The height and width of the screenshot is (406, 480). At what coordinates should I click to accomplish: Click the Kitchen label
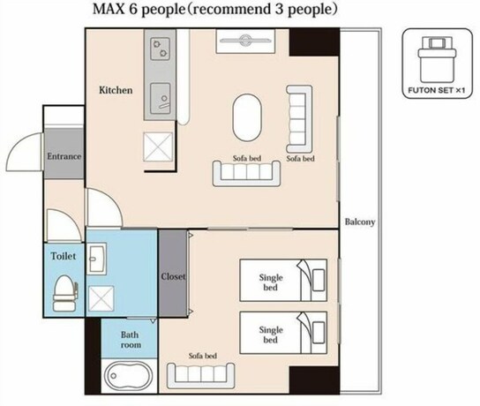point(116,90)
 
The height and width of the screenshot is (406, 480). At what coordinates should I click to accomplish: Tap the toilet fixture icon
point(65,293)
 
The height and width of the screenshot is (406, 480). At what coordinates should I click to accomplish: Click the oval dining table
point(247,117)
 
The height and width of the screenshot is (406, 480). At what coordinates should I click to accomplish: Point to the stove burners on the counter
point(161,49)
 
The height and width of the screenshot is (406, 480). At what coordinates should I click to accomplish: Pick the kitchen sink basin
point(161,99)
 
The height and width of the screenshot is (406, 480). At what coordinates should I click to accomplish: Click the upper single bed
point(283,280)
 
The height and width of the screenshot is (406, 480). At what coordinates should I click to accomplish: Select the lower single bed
point(283,333)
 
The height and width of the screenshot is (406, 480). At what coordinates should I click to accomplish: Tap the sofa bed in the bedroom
point(201,376)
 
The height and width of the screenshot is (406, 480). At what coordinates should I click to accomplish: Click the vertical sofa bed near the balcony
point(299,119)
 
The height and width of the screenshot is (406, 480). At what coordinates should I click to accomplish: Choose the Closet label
point(173,276)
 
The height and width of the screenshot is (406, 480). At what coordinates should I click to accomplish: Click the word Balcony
point(360,222)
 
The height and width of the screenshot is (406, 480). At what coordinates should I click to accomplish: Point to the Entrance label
point(64,156)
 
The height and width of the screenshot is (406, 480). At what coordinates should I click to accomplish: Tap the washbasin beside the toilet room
point(96,259)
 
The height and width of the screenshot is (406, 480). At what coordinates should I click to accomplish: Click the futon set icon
point(437,59)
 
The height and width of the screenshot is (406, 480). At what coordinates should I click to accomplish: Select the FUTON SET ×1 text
point(437,90)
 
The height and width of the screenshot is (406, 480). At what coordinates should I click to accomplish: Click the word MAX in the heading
point(109,9)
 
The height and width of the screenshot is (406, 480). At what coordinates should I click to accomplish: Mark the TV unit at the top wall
point(246,41)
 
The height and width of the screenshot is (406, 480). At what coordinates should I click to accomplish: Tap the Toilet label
point(64,256)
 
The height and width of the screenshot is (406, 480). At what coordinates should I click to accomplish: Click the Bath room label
point(131,340)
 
